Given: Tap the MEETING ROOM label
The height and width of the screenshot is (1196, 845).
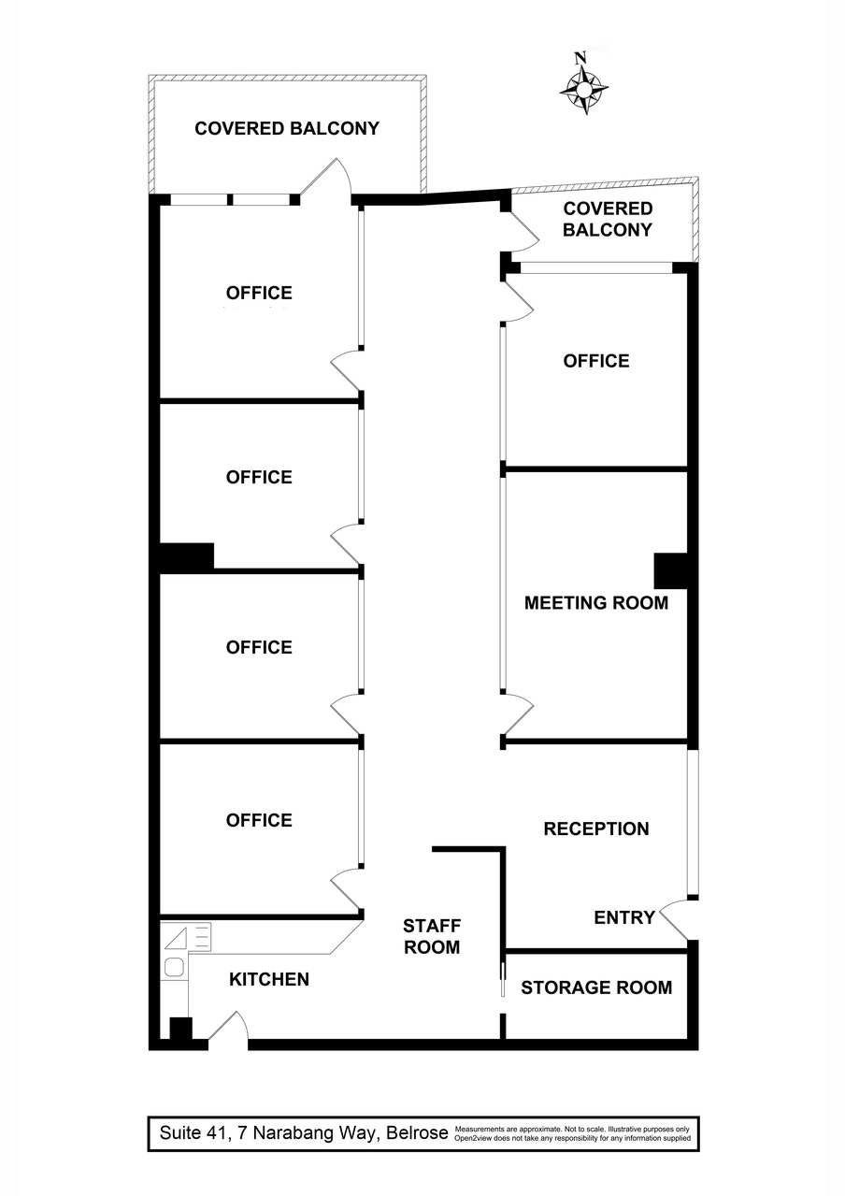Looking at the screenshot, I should pyautogui.click(x=595, y=603).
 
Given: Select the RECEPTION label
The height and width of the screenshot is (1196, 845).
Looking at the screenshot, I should pyautogui.click(x=595, y=829).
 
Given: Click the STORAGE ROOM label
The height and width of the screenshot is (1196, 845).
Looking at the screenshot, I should pyautogui.click(x=595, y=987).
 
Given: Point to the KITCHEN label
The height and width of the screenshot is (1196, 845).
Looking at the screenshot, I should pyautogui.click(x=269, y=979).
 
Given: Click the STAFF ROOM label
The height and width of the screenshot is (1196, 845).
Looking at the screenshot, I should pyautogui.click(x=431, y=936).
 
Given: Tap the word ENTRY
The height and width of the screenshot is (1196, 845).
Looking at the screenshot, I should pyautogui.click(x=623, y=917).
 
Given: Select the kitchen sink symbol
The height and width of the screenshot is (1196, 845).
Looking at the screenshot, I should pyautogui.click(x=174, y=967).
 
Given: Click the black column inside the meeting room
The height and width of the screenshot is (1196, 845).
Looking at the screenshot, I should pyautogui.click(x=670, y=570).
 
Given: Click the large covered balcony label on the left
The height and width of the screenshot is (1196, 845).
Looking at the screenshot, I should pyautogui.click(x=286, y=129).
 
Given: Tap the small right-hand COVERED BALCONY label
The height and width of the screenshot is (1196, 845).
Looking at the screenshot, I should pyautogui.click(x=607, y=219).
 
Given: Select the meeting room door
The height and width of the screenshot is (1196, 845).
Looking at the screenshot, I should pyautogui.click(x=518, y=715).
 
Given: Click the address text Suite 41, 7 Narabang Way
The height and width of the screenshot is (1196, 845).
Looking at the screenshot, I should pyautogui.click(x=301, y=1133).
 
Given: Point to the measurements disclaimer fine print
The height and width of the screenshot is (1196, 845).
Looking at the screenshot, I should pyautogui.click(x=572, y=1133).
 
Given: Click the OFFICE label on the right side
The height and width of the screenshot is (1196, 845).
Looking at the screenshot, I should pyautogui.click(x=595, y=361).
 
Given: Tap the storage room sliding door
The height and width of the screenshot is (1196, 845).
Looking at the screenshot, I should pyautogui.click(x=502, y=975).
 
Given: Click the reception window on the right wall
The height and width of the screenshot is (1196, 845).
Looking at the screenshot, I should pyautogui.click(x=692, y=823).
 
